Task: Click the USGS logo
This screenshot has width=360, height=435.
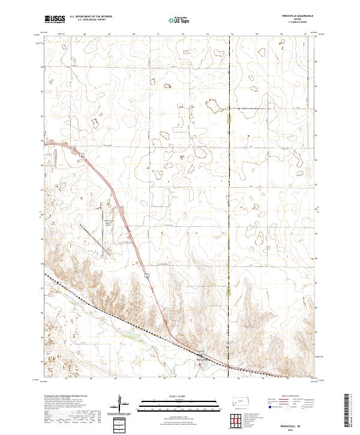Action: (55, 20)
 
